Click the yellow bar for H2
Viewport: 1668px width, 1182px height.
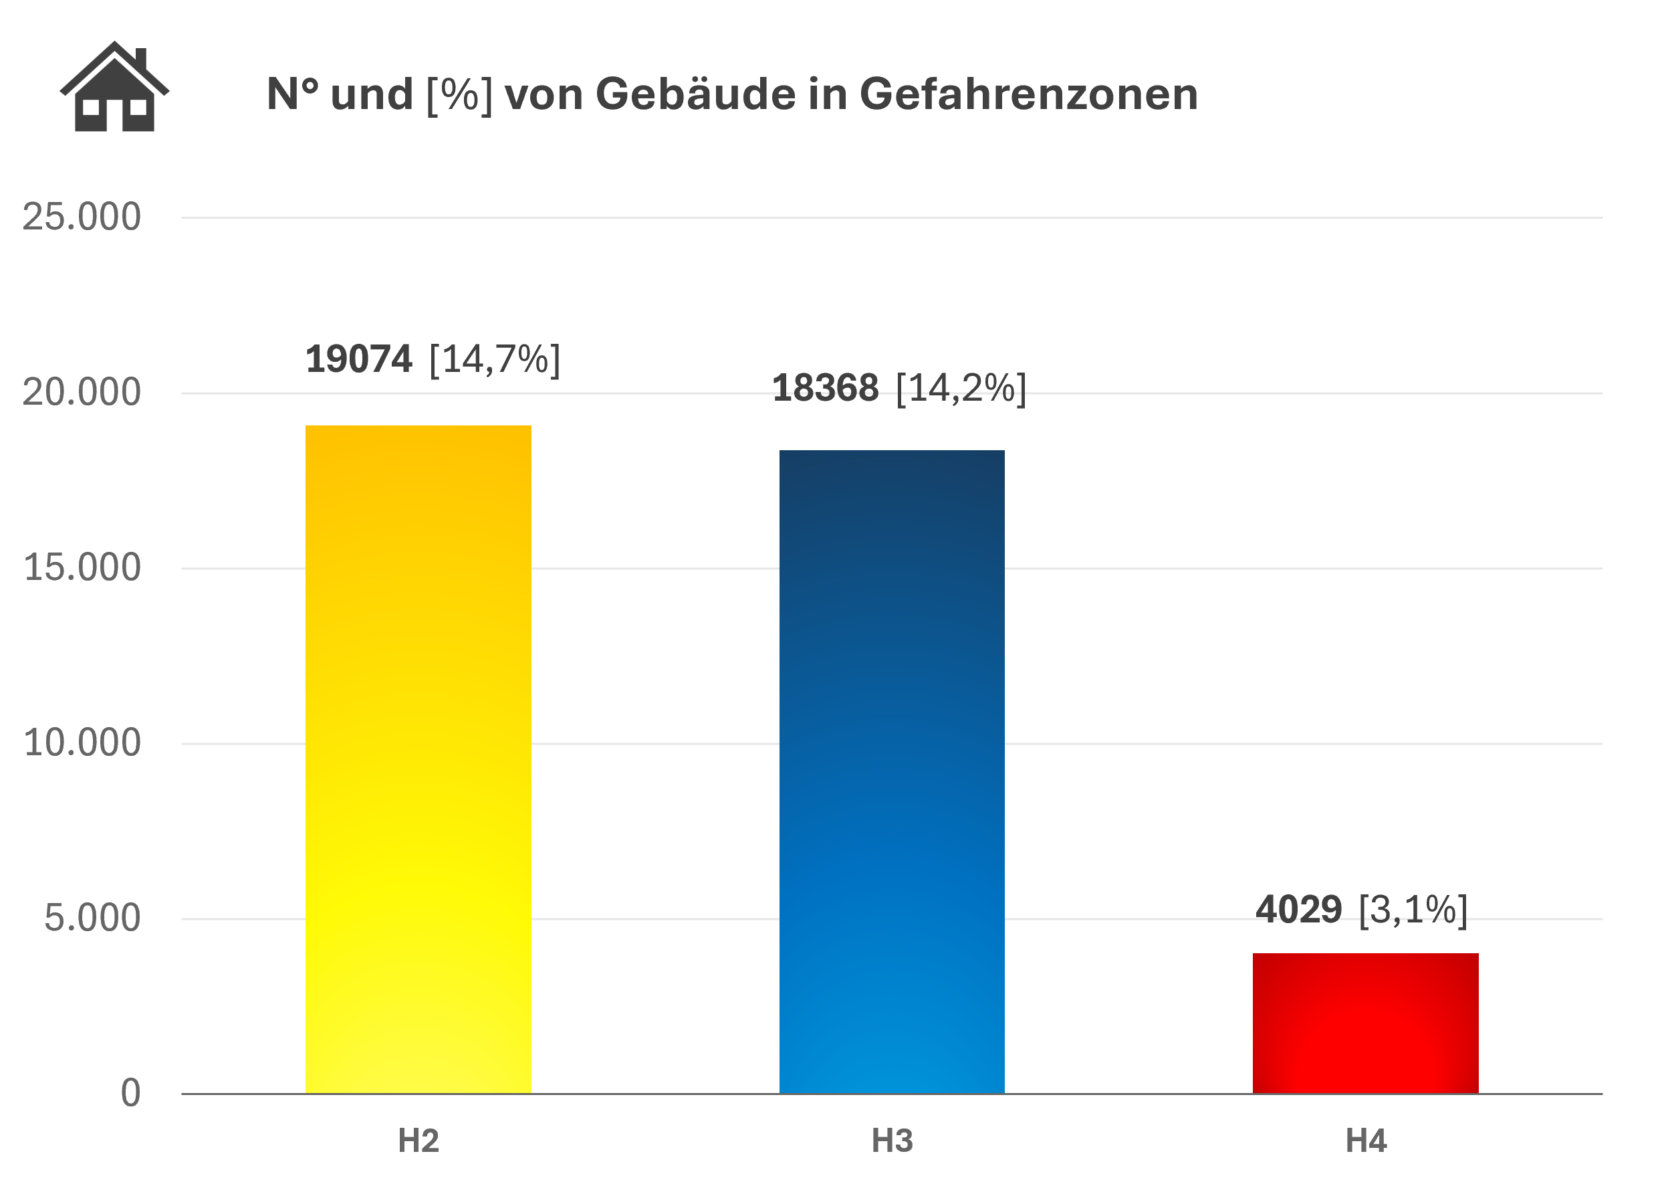click(x=419, y=759)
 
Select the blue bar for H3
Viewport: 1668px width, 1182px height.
click(x=892, y=771)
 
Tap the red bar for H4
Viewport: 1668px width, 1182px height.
click(x=1365, y=1023)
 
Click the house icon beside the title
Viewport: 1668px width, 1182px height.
click(x=114, y=88)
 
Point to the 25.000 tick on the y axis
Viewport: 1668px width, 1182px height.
click(x=82, y=217)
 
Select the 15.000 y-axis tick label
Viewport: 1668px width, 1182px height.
click(x=82, y=568)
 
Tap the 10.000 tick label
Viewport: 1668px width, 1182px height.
click(x=82, y=743)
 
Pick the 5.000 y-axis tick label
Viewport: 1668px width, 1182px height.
click(x=92, y=918)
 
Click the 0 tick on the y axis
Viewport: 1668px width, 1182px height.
click(x=130, y=1093)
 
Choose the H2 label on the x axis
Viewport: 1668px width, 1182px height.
click(x=419, y=1141)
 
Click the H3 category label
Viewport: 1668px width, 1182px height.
click(x=892, y=1141)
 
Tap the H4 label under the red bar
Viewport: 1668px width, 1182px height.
click(x=1365, y=1141)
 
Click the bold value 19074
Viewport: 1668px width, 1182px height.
click(x=358, y=359)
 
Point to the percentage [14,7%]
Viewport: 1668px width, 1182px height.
click(x=495, y=359)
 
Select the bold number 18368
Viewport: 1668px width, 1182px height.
click(x=825, y=388)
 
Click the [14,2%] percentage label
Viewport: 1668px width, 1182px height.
click(x=961, y=388)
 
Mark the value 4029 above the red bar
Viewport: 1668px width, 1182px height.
click(x=1298, y=910)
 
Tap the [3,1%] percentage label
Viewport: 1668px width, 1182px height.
click(x=1413, y=910)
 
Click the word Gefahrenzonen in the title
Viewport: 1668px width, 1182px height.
click(x=1029, y=94)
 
